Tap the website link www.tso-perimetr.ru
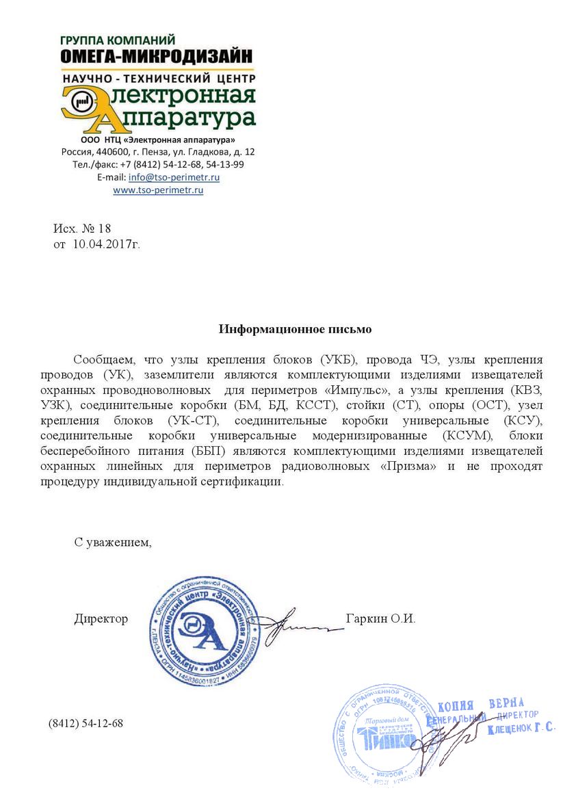(x=158, y=190)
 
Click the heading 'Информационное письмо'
(x=295, y=329)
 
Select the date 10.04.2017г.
(x=106, y=243)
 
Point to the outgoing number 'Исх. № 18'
(x=82, y=228)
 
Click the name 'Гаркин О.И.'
(x=381, y=619)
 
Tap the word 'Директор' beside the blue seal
(x=101, y=619)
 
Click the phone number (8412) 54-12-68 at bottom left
(x=86, y=723)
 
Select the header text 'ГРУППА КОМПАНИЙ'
(x=118, y=40)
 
